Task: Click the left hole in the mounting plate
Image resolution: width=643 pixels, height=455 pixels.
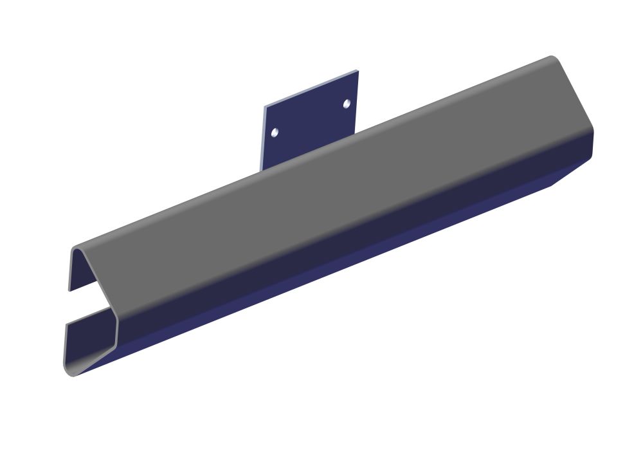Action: pyautogui.click(x=275, y=132)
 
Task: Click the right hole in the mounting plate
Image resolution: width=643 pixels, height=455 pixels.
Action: pyautogui.click(x=347, y=104)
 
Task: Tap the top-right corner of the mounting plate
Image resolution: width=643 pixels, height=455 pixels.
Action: pyautogui.click(x=357, y=71)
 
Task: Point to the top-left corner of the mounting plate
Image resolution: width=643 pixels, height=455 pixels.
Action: pyautogui.click(x=265, y=106)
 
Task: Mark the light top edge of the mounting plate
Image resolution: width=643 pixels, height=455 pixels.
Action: pyautogui.click(x=311, y=88)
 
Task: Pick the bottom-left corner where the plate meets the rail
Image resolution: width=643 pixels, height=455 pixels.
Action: pyautogui.click(x=261, y=171)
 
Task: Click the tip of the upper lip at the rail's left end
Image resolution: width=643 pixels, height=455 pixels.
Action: pyautogui.click(x=70, y=288)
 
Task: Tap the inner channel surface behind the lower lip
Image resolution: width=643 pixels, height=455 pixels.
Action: pyautogui.click(x=87, y=338)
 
